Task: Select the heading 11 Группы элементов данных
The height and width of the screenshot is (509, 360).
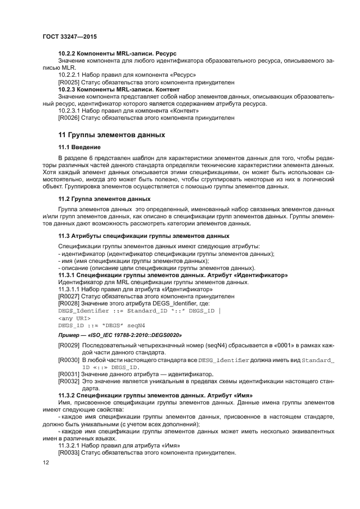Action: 111,134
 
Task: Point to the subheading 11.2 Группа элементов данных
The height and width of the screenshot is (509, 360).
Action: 104,199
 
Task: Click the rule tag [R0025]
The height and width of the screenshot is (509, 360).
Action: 69,82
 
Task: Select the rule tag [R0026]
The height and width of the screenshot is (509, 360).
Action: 69,118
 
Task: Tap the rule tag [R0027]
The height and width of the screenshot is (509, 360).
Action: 69,297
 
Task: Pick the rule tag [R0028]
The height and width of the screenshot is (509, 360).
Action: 69,303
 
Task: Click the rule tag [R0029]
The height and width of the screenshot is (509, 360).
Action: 69,346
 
